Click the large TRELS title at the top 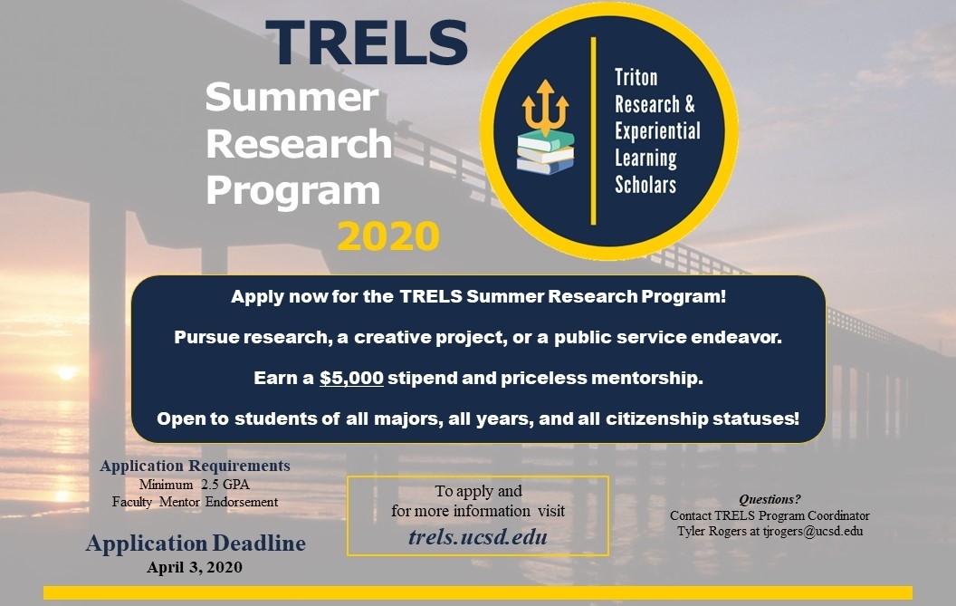click(367, 43)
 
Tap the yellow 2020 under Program click(388, 236)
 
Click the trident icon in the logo click(545, 107)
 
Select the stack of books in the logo click(546, 152)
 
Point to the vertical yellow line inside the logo click(593, 130)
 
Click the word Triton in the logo click(636, 78)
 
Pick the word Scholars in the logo click(645, 184)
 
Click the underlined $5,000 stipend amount click(352, 378)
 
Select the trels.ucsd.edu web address click(478, 536)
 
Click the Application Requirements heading click(196, 466)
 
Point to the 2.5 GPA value click(225, 485)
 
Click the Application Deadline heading click(196, 543)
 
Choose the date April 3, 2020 click(195, 568)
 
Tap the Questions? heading click(770, 499)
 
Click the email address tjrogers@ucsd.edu click(813, 531)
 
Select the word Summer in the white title click(292, 98)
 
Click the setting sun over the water click(66, 371)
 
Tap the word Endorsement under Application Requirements click(242, 502)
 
